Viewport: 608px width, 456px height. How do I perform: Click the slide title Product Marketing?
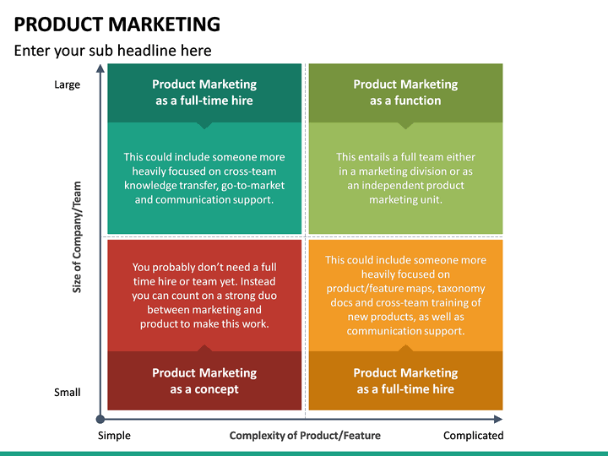point(117,24)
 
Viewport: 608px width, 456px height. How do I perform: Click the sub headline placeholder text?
point(112,51)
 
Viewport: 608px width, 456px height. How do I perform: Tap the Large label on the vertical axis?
point(68,84)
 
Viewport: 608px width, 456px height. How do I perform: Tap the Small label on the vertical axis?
point(68,392)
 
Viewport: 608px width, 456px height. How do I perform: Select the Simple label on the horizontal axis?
point(114,436)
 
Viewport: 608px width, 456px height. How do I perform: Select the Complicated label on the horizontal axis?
point(474,436)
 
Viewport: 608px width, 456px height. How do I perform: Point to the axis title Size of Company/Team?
point(77,237)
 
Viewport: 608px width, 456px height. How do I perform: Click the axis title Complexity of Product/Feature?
point(305,436)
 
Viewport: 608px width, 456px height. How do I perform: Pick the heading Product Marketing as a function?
point(405,92)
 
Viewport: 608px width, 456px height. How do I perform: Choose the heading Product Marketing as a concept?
point(204,381)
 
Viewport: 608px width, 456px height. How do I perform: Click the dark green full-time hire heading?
point(204,92)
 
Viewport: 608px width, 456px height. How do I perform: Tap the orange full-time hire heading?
point(405,381)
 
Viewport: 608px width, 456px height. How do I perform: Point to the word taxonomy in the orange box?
point(461,288)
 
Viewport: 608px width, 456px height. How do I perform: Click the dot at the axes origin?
point(100,419)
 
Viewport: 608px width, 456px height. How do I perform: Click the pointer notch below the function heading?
point(405,126)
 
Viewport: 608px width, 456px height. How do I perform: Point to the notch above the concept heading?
point(204,347)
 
